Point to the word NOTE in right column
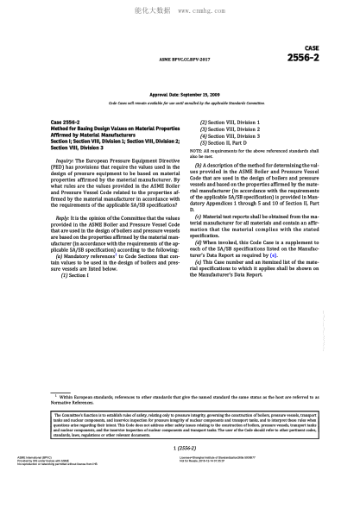click(196, 150)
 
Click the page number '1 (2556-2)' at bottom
click(180, 449)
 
